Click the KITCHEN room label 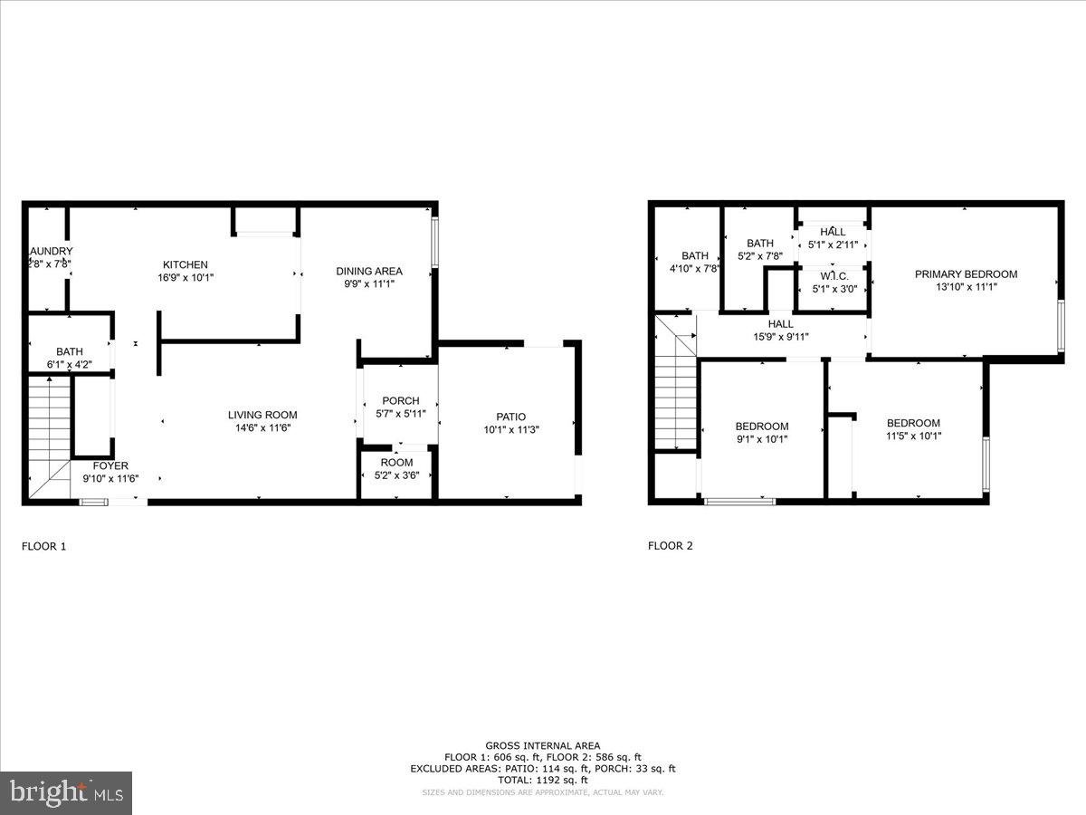[x=185, y=264]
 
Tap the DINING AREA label [x=368, y=271]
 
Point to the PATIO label [x=510, y=417]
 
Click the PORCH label [x=400, y=401]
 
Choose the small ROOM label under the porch [x=396, y=462]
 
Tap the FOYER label [x=110, y=465]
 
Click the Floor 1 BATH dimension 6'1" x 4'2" [x=70, y=364]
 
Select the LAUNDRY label [x=51, y=251]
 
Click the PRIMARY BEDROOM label [x=966, y=274]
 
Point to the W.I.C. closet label [x=833, y=276]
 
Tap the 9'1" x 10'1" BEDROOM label [x=761, y=427]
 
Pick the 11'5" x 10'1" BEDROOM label [x=913, y=423]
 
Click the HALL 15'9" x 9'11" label [x=780, y=323]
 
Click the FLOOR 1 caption [x=43, y=546]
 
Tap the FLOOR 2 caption [x=670, y=545]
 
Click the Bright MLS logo [x=65, y=793]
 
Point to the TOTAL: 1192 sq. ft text [x=543, y=780]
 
